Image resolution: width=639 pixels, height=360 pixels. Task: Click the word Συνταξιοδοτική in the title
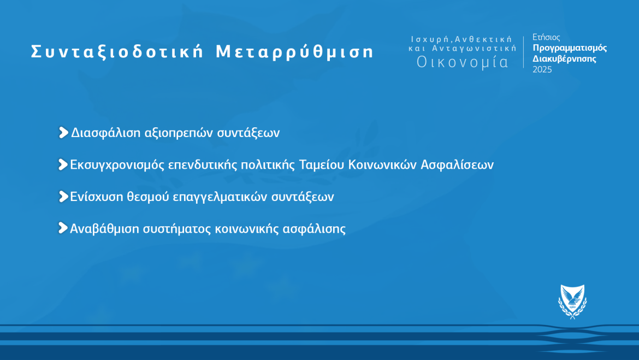(117, 52)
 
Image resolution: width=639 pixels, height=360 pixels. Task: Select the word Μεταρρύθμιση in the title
(294, 52)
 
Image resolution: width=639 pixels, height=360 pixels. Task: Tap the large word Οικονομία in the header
(463, 62)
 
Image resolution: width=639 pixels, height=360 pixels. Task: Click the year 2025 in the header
(542, 70)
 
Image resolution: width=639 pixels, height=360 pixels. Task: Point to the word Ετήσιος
(546, 38)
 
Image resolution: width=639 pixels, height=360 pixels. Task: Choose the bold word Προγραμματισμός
(570, 48)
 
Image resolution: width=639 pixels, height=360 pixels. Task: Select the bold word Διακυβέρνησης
(564, 58)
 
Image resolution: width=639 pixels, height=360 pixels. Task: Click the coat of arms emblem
(572, 302)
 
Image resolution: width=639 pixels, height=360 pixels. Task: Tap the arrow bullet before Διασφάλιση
(63, 133)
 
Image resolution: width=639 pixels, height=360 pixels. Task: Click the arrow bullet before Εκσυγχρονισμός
(63, 165)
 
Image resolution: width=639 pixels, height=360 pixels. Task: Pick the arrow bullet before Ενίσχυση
(63, 197)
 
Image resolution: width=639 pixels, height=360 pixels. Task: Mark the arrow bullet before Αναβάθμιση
(63, 228)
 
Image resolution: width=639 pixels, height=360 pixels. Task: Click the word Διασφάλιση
(106, 133)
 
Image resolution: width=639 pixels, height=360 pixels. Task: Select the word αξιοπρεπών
(179, 133)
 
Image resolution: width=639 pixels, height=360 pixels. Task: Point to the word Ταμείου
(322, 165)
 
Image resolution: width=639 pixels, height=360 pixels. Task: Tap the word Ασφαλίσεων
(457, 165)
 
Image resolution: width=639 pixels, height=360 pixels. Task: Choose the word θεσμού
(148, 197)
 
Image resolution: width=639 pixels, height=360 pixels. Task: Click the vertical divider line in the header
(524, 52)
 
